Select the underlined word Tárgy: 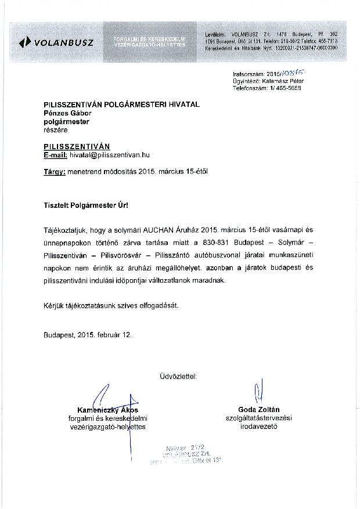(55, 172)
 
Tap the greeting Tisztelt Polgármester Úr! (87, 205)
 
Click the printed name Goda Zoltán (258, 409)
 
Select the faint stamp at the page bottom (186, 457)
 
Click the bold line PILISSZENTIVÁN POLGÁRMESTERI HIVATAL (121, 104)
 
